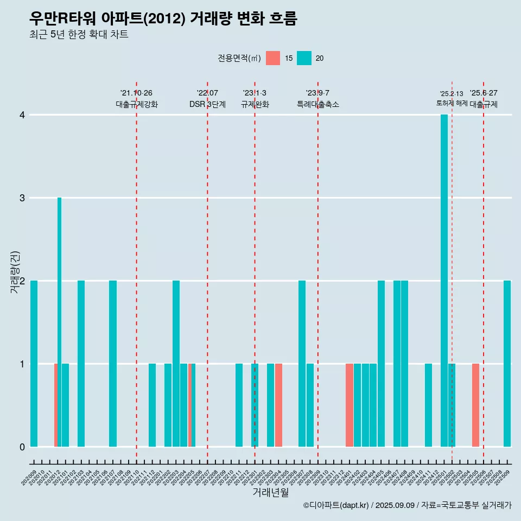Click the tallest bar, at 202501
tap(444, 280)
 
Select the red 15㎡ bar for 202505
tap(475, 405)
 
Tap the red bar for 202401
tap(350, 405)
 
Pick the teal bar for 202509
tap(507, 364)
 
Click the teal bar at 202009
tap(34, 364)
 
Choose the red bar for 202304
tap(278, 405)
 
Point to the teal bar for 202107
tap(113, 364)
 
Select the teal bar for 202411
tap(428, 405)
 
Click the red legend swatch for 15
tap(273, 58)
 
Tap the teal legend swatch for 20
tap(304, 58)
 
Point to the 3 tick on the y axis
tap(22, 198)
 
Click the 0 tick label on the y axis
tap(22, 447)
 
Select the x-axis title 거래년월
tap(270, 492)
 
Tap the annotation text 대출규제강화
tap(137, 104)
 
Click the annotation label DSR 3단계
tap(207, 104)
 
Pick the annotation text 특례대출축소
tap(318, 104)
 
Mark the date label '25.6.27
tap(484, 93)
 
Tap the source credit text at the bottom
tap(407, 505)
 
